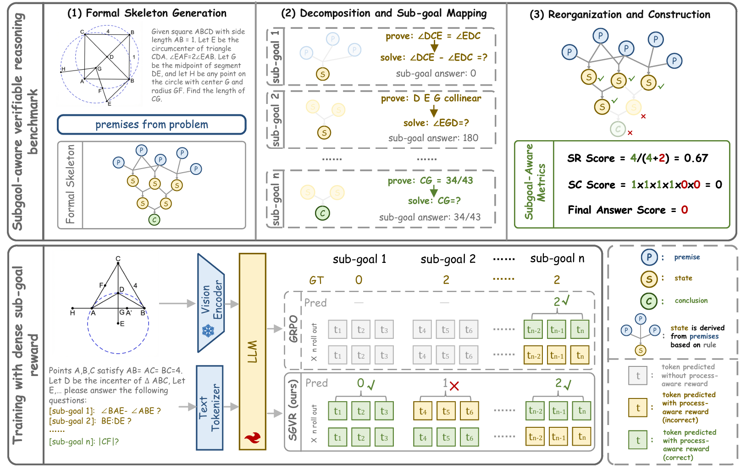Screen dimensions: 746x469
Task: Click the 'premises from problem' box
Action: pyautogui.click(x=151, y=125)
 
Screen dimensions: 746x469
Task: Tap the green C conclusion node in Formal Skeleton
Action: pyautogui.click(x=154, y=219)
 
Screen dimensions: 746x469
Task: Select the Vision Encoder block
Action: pyautogui.click(x=211, y=303)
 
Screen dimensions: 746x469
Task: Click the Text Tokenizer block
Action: pyautogui.click(x=210, y=408)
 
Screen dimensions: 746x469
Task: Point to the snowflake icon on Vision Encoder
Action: pyautogui.click(x=208, y=331)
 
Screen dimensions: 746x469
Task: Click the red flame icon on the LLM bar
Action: pyautogui.click(x=253, y=438)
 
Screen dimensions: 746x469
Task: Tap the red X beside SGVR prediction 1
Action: pyautogui.click(x=454, y=386)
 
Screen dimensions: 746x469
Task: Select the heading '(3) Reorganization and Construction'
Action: pyautogui.click(x=620, y=15)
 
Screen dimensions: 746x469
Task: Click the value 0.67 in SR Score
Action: pyautogui.click(x=696, y=158)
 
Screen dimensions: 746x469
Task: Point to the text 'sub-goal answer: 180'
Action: pyautogui.click(x=433, y=138)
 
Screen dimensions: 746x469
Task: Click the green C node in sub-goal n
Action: pyautogui.click(x=322, y=213)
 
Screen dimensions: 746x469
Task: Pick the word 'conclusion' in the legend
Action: pyautogui.click(x=691, y=300)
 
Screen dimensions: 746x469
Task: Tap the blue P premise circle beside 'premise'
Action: pyautogui.click(x=649, y=257)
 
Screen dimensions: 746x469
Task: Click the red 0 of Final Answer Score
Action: pyautogui.click(x=685, y=210)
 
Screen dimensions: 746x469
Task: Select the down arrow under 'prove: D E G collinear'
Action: pyautogui.click(x=434, y=111)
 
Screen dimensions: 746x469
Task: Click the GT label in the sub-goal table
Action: pyautogui.click(x=316, y=280)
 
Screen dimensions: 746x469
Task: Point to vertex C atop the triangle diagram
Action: pyautogui.click(x=118, y=263)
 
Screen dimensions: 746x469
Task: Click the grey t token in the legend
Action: pyautogui.click(x=638, y=376)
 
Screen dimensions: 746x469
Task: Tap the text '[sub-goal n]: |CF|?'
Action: pyautogui.click(x=84, y=442)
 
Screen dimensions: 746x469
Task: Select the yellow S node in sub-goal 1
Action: pyautogui.click(x=322, y=74)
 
